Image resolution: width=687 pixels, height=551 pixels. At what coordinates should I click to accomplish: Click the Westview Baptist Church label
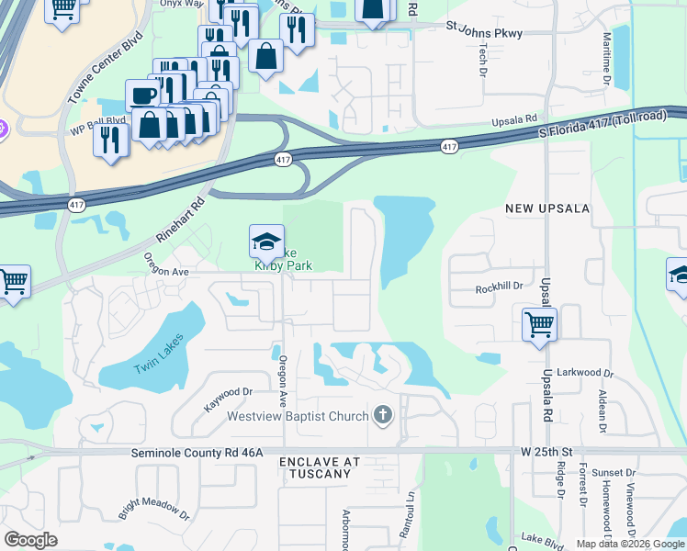coord(298,416)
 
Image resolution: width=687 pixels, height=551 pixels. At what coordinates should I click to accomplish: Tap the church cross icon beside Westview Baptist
coord(383,416)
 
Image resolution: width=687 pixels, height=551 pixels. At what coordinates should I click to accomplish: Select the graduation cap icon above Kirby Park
coord(266,242)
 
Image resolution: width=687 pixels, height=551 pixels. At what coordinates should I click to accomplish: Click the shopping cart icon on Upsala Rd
coord(539,323)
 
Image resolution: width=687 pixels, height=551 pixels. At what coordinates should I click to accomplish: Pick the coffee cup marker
coord(142,96)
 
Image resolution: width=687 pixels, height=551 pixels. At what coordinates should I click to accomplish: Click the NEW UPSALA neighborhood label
coord(547,209)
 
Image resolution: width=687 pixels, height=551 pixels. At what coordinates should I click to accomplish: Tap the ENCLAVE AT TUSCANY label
coord(316,467)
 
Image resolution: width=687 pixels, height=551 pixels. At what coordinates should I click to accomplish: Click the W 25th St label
coord(546,452)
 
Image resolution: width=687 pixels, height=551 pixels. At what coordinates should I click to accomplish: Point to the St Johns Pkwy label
coord(484,33)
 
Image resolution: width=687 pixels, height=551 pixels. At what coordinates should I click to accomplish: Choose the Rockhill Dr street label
coord(499,287)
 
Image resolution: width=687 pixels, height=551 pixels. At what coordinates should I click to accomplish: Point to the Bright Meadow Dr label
coord(153,511)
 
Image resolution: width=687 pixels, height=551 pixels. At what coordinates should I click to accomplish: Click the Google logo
coord(30,540)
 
